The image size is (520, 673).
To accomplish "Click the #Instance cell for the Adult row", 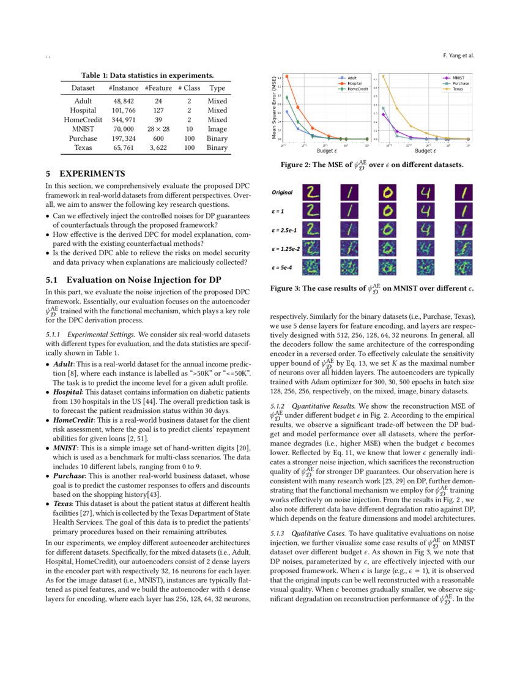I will click(x=124, y=101).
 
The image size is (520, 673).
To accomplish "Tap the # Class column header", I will click(x=190, y=88).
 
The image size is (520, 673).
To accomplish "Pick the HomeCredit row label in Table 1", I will click(x=83, y=120).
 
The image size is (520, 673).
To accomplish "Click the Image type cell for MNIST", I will click(x=217, y=129).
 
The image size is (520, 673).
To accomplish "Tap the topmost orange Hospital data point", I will click(x=286, y=76).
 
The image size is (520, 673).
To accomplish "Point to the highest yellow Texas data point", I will click(x=383, y=76).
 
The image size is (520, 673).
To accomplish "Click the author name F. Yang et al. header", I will click(x=458, y=55).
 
